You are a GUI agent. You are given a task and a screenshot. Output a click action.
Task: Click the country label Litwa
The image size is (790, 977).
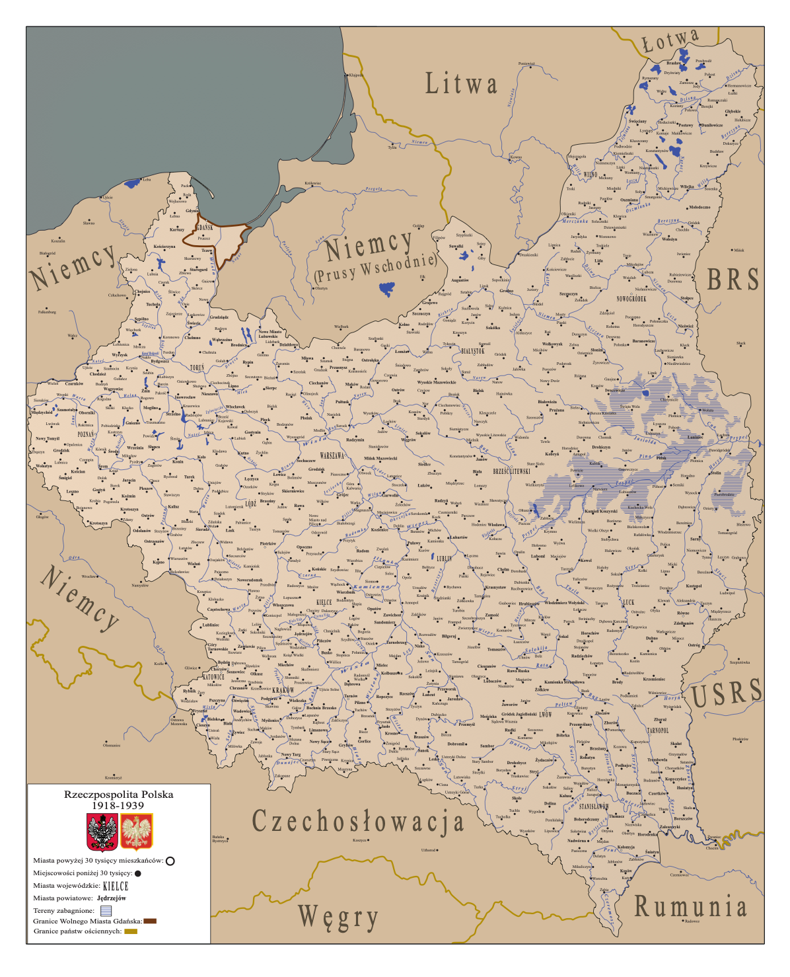pyautogui.click(x=461, y=84)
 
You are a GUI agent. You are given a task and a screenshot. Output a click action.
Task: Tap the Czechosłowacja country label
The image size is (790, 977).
pyautogui.click(x=358, y=822)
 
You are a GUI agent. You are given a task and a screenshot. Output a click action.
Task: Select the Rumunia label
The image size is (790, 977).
pyautogui.click(x=690, y=907)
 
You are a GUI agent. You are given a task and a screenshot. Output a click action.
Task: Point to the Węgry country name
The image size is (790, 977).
pyautogui.click(x=338, y=917)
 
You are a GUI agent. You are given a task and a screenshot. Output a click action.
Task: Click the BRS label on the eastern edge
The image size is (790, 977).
pyautogui.click(x=733, y=280)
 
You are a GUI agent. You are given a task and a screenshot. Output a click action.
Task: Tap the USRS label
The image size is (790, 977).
pyautogui.click(x=727, y=693)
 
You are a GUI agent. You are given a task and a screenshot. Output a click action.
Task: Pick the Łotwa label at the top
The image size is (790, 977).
pyautogui.click(x=670, y=41)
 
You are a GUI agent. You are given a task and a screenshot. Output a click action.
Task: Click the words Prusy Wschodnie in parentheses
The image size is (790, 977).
pyautogui.click(x=375, y=266)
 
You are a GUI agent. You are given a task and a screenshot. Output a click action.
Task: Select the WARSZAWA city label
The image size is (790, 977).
pyautogui.click(x=332, y=456)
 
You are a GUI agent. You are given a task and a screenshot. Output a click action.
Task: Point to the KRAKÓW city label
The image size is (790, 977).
pyautogui.click(x=283, y=690)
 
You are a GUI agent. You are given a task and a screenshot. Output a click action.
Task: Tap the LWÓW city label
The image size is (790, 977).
pyautogui.click(x=545, y=715)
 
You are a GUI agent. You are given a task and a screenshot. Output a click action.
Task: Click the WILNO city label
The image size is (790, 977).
pyautogui.click(x=590, y=175)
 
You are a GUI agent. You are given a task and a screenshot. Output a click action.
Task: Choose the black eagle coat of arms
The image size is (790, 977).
pyautogui.click(x=102, y=832)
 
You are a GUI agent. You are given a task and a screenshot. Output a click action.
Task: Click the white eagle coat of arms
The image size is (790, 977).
pyautogui.click(x=137, y=832)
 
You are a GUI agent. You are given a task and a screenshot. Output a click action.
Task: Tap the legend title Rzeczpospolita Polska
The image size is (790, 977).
pyautogui.click(x=118, y=794)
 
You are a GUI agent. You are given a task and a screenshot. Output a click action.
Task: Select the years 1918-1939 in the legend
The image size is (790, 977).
pyautogui.click(x=118, y=805)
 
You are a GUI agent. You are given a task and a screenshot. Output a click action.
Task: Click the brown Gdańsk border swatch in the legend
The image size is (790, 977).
pyautogui.click(x=150, y=921)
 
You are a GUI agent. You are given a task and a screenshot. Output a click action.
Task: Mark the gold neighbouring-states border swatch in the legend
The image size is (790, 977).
pyautogui.click(x=130, y=931)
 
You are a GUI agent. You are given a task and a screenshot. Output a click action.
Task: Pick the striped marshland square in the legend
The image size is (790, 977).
pyautogui.click(x=106, y=910)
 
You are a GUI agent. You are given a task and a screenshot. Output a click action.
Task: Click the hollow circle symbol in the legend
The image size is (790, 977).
pyautogui.click(x=170, y=861)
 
